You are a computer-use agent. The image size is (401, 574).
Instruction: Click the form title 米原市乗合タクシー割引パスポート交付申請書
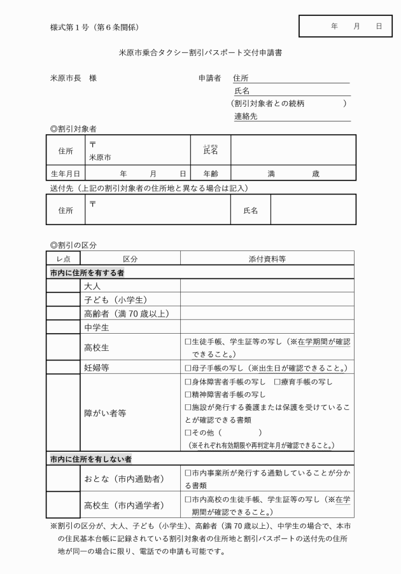[200, 53]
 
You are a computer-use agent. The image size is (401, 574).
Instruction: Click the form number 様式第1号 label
[94, 27]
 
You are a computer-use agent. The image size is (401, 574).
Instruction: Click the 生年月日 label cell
[66, 173]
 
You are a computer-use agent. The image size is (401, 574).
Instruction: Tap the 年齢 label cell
[211, 173]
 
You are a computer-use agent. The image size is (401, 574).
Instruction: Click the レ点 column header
[64, 259]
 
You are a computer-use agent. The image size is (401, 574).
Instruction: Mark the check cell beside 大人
[64, 287]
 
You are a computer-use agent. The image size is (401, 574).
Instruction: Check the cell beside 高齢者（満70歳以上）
[64, 313]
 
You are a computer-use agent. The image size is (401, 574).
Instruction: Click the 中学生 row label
[97, 327]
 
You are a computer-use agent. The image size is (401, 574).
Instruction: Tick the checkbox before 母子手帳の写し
[188, 368]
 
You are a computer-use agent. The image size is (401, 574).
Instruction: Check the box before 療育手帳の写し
[277, 382]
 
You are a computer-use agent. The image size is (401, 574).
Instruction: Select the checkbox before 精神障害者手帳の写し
[188, 395]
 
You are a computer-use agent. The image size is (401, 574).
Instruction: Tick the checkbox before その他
[188, 432]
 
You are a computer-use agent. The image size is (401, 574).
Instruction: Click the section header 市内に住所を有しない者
[91, 458]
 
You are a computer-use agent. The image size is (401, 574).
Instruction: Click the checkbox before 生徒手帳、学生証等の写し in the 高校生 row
[188, 341]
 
